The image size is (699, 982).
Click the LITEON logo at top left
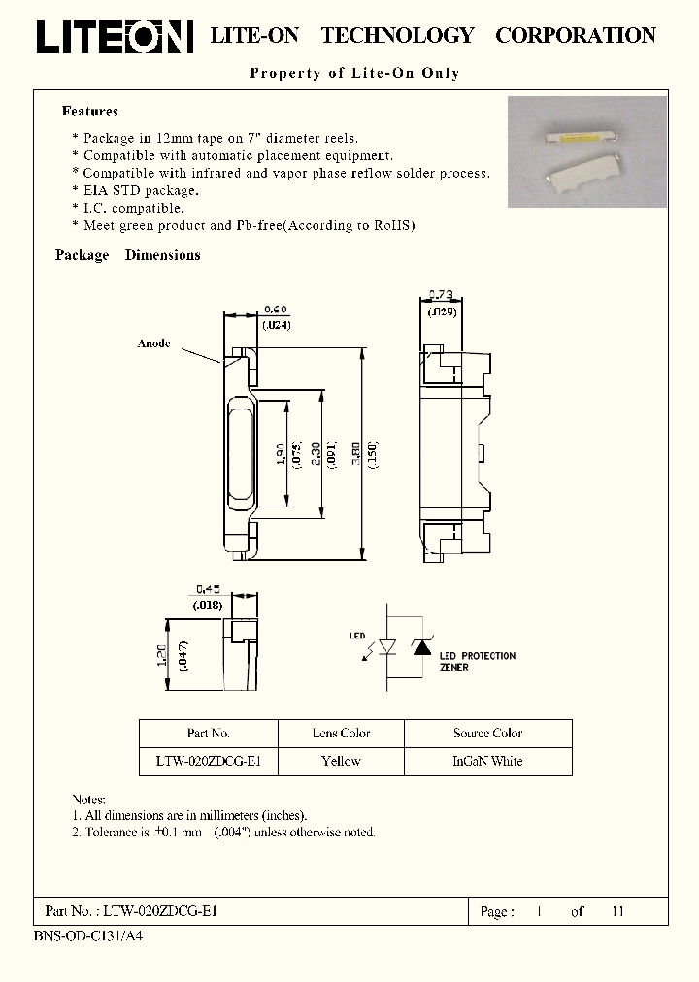point(115,37)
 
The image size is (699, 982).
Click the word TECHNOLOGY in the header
point(397,36)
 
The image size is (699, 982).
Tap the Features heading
point(90,112)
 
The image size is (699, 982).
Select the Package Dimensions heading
point(128,255)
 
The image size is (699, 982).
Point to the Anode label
point(153,344)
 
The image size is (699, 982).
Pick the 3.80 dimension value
point(355,454)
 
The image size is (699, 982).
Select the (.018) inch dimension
point(208,605)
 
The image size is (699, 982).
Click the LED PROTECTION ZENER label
point(477,662)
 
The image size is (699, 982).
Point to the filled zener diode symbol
point(423,646)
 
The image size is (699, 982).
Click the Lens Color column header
point(342,734)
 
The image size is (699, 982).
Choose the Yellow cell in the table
point(341,762)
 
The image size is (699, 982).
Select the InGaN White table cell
point(487,762)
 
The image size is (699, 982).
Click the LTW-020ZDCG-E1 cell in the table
point(209,762)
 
